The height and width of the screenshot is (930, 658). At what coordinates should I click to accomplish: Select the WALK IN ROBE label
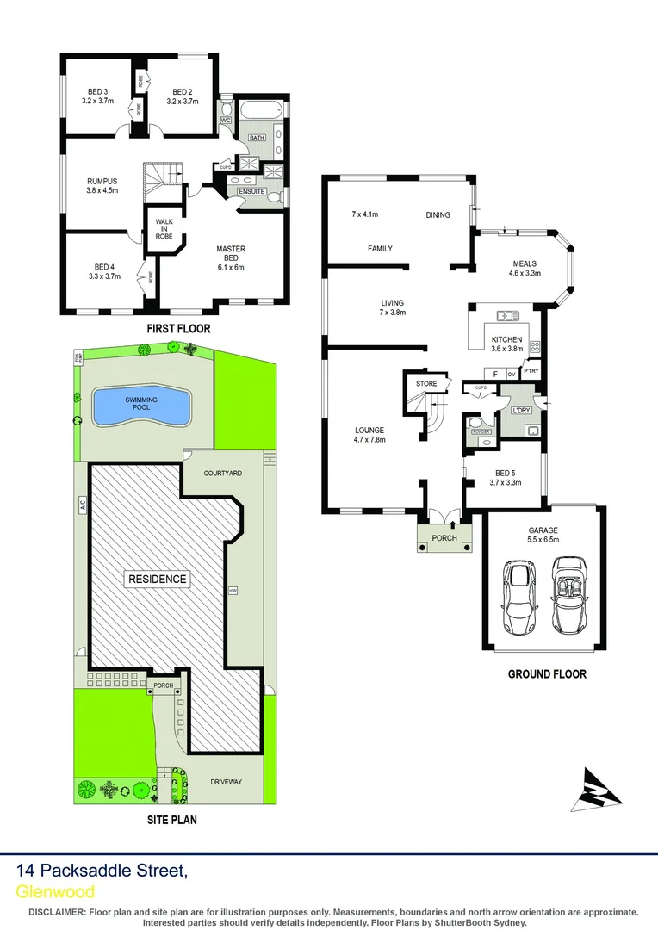[x=164, y=228]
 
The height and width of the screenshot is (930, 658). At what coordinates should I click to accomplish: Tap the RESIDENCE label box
[x=158, y=579]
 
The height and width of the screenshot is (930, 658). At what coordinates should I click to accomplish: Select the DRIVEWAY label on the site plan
[x=227, y=782]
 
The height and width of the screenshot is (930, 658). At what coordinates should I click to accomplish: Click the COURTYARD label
[x=222, y=474]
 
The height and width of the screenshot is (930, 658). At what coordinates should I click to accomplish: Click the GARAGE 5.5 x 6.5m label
[x=543, y=535]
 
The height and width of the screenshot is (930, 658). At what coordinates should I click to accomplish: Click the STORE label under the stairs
[x=426, y=383]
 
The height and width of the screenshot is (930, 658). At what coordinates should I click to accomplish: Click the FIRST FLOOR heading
[x=178, y=328]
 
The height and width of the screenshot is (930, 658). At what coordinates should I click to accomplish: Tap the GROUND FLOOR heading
[x=547, y=673]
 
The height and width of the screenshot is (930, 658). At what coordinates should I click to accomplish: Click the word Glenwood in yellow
[x=55, y=891]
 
